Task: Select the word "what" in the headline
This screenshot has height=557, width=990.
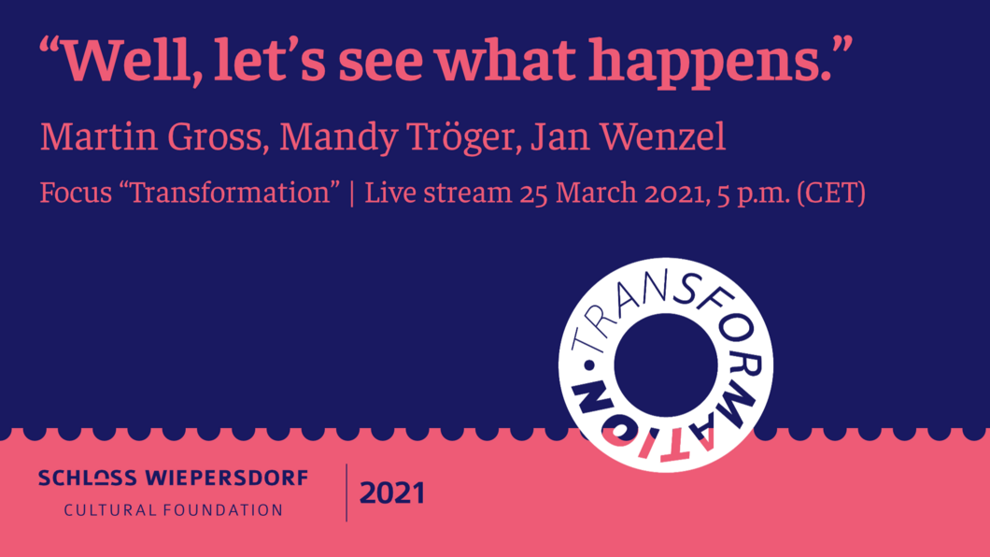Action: point(505,61)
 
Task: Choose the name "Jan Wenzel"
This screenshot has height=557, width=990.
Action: point(629,137)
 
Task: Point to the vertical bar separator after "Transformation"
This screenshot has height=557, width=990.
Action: point(352,193)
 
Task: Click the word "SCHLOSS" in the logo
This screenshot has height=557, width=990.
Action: point(88,478)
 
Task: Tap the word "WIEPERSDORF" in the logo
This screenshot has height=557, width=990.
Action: point(227,478)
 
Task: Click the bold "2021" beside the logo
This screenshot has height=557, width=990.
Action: point(392,493)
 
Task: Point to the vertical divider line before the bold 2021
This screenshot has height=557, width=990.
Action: point(346,493)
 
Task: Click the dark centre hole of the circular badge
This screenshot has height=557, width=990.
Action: point(666,365)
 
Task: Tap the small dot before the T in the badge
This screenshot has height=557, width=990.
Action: point(589,365)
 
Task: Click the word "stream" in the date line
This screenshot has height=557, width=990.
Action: point(468,193)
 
